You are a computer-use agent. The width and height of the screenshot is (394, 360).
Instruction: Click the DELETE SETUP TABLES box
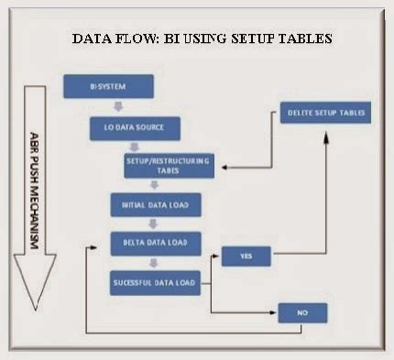323,115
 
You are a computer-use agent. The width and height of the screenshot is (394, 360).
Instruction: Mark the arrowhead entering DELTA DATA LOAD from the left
103,245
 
